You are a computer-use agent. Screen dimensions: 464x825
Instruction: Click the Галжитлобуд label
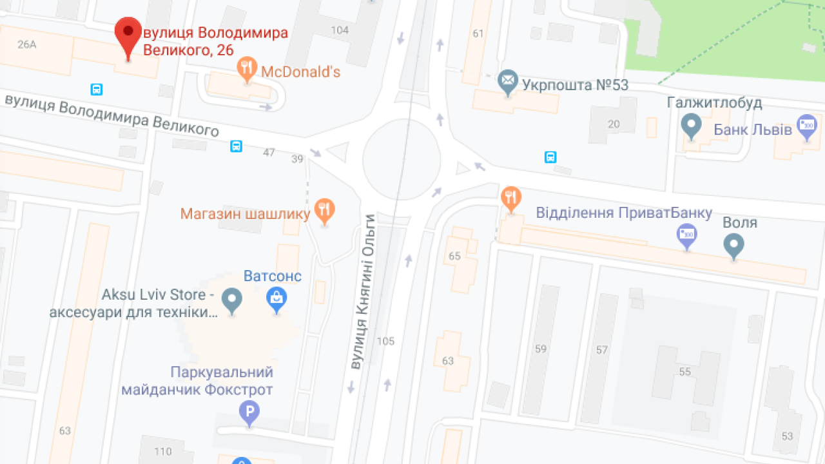pos(715,103)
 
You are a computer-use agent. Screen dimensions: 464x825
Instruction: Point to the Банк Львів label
pos(752,130)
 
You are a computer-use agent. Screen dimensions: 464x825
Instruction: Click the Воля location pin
pos(734,245)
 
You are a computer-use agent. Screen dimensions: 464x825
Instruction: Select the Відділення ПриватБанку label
pos(624,213)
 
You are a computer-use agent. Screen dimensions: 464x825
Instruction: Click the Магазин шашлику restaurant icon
pos(325,209)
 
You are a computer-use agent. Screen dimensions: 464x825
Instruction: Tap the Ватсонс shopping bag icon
pos(277,298)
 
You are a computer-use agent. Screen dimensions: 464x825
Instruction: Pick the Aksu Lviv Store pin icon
pos(231,300)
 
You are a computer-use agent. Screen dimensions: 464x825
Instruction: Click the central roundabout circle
pos(402,159)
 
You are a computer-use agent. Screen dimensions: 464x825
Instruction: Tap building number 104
pos(339,30)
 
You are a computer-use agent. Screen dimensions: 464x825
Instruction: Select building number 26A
pos(27,44)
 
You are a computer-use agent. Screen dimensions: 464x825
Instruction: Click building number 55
pos(684,372)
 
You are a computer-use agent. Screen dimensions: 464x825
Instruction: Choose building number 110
pos(163,451)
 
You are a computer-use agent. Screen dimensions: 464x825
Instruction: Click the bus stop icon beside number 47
pos(237,146)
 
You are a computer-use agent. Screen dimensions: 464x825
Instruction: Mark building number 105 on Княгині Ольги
pos(385,342)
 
